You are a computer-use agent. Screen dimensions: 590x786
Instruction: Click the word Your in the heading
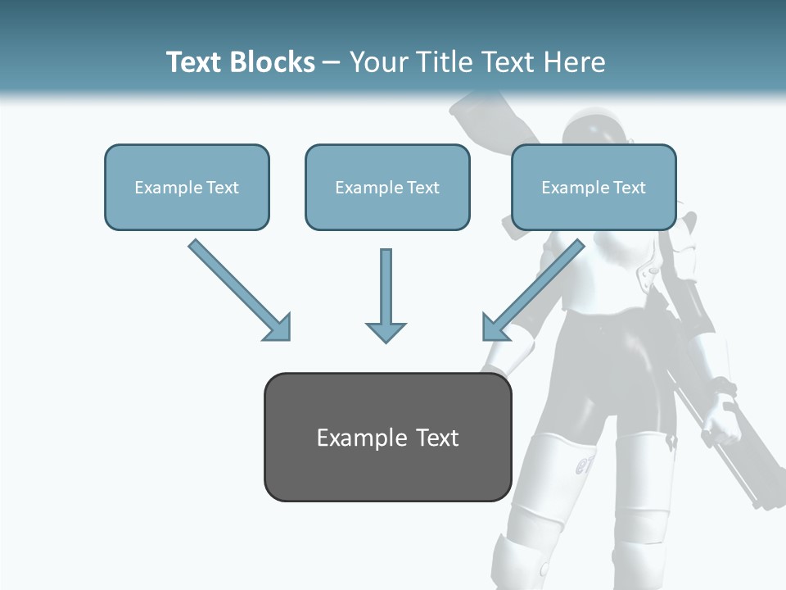click(378, 62)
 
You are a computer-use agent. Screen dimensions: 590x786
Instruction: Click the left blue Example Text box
click(187, 187)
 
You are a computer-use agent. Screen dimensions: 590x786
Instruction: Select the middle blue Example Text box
click(387, 187)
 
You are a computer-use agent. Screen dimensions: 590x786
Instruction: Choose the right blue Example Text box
click(594, 187)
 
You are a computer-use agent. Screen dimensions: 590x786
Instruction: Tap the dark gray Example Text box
click(387, 437)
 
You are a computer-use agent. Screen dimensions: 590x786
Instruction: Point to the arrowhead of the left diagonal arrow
click(278, 329)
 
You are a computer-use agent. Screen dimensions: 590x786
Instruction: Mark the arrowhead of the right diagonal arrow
click(493, 328)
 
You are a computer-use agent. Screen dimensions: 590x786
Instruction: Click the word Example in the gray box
click(350, 438)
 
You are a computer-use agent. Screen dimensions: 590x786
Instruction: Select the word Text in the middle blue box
click(423, 188)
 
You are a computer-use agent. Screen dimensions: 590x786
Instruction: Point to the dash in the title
click(331, 62)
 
